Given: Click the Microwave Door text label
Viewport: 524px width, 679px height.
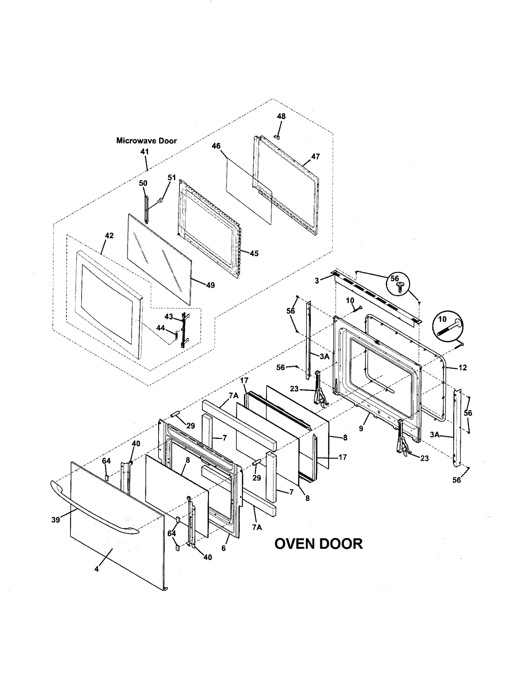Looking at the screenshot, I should click(146, 141).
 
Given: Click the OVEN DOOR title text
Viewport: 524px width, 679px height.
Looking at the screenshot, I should click(318, 544).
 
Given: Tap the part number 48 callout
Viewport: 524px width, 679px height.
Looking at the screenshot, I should click(281, 116).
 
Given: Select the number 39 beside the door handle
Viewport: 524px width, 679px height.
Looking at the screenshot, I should click(56, 520).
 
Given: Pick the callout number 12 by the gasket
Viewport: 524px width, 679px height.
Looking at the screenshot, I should click(462, 368).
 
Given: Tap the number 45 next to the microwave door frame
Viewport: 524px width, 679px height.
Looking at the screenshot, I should click(254, 253).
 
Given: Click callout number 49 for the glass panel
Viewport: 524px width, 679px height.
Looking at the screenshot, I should click(211, 285).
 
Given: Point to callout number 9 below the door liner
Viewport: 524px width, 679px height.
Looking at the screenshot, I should click(361, 428).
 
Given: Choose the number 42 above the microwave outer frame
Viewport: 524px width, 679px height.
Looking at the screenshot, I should click(109, 236).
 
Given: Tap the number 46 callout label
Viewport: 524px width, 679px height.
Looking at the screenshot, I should click(216, 146).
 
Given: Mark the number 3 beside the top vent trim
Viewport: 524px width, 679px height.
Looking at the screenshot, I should click(317, 281).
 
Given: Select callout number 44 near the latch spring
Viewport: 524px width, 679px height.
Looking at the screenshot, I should click(160, 328).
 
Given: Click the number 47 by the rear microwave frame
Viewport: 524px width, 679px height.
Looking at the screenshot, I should click(315, 156).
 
